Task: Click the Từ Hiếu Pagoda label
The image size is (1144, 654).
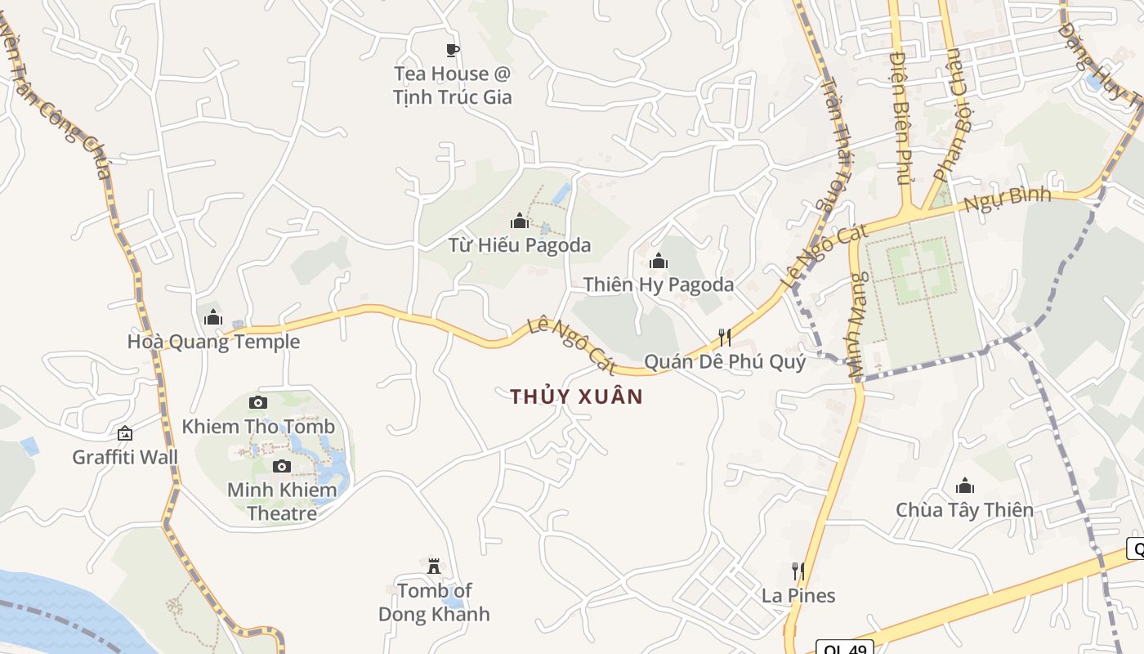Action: (519, 244)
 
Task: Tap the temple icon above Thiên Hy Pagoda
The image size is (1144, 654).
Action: (659, 262)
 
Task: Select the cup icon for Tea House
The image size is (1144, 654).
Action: (453, 51)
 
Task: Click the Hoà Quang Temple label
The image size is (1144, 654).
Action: (213, 342)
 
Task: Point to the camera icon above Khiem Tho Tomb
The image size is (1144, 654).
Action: (258, 402)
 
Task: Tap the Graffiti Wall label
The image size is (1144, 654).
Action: (125, 457)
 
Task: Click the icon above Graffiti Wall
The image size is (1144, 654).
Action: (125, 433)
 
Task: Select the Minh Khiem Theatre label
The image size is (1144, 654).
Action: (282, 502)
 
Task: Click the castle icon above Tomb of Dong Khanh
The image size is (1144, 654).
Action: (434, 566)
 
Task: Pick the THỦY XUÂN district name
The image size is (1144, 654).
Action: (577, 397)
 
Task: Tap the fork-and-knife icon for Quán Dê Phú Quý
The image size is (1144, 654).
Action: (724, 337)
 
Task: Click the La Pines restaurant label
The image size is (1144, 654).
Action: (798, 595)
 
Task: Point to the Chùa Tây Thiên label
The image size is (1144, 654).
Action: (964, 510)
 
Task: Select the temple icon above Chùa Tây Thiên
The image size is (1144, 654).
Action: (965, 486)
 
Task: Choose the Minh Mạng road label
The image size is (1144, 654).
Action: (856, 325)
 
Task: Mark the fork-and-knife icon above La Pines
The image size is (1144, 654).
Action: (798, 571)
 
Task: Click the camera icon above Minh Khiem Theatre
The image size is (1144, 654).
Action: (282, 466)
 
